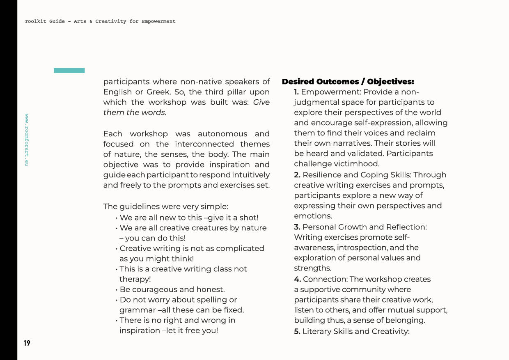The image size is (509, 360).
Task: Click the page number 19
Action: [27, 343]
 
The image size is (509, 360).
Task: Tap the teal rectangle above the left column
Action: [69, 71]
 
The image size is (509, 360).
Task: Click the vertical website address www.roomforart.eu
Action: [27, 140]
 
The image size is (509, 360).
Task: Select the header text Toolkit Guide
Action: [45, 21]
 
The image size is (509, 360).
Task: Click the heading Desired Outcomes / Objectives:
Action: [348, 82]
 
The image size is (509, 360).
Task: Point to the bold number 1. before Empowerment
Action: [296, 92]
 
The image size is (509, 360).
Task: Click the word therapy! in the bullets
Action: [135, 279]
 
